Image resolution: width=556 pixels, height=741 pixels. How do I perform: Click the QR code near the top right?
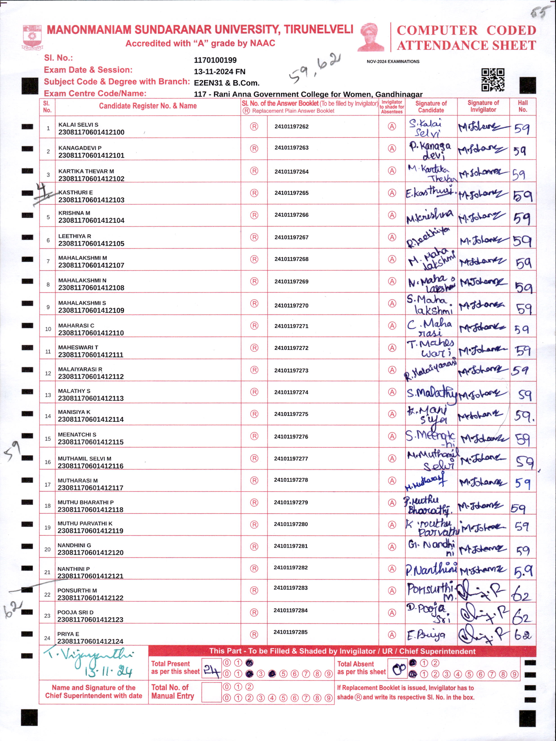point(493,80)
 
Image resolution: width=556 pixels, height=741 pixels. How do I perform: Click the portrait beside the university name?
point(371,37)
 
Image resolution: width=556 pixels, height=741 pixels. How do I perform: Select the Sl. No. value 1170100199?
point(215,60)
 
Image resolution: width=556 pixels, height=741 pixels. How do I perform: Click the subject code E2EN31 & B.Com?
point(226,83)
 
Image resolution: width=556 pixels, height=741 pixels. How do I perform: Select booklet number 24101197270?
point(291,306)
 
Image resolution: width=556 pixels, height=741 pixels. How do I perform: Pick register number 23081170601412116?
point(90,466)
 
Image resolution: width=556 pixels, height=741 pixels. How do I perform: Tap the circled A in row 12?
point(392,370)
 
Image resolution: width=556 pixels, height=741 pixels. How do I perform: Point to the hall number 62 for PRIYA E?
point(522,635)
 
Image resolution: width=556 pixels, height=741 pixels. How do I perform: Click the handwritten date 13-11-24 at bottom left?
point(108,672)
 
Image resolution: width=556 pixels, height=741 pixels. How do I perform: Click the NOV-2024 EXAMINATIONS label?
point(393,62)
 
